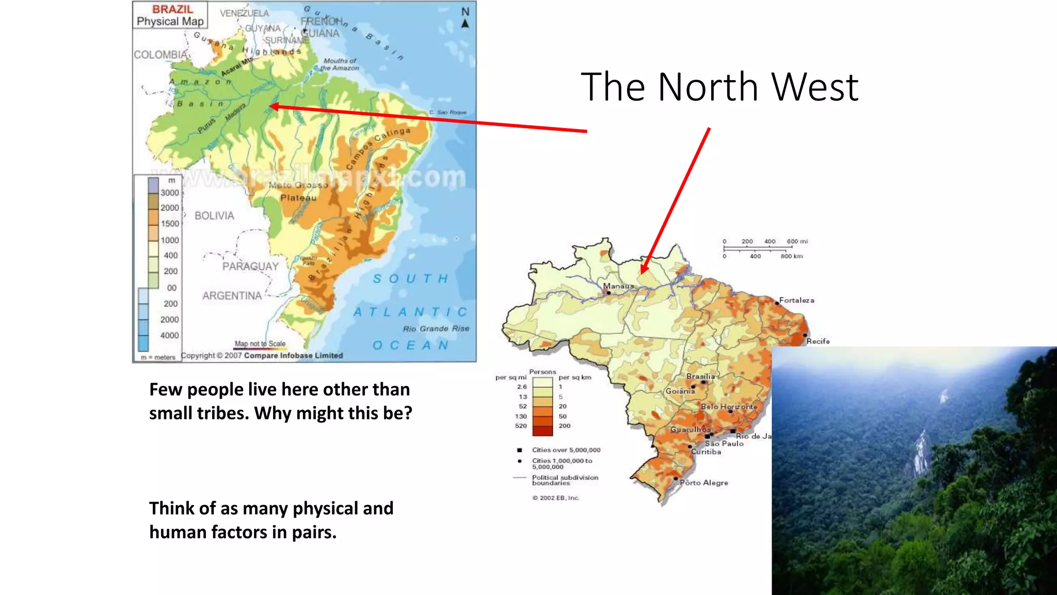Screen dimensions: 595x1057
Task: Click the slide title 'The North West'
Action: click(719, 87)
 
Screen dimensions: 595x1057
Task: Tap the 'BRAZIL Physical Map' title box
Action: click(170, 15)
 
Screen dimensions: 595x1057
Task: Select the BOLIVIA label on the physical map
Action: click(214, 216)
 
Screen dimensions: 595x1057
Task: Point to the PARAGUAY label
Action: click(250, 267)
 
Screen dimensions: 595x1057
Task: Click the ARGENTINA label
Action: click(232, 296)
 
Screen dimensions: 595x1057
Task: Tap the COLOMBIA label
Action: click(161, 55)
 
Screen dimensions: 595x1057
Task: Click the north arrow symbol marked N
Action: click(465, 18)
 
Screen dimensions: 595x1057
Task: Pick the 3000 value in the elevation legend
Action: click(169, 193)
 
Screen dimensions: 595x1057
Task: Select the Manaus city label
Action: click(618, 286)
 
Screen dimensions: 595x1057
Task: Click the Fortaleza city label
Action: click(796, 300)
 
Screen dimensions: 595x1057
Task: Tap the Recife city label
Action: click(818, 341)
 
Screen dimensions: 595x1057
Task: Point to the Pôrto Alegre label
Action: click(704, 483)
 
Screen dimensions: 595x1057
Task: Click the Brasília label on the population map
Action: click(700, 377)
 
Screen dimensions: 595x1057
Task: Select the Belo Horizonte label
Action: click(729, 407)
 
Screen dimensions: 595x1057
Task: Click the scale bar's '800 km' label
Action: click(792, 256)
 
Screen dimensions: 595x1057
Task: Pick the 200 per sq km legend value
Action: click(565, 426)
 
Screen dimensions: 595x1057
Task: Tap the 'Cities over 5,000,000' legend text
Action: click(566, 450)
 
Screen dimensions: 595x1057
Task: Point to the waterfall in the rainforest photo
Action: click(919, 455)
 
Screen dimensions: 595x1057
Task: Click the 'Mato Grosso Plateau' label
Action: click(298, 192)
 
